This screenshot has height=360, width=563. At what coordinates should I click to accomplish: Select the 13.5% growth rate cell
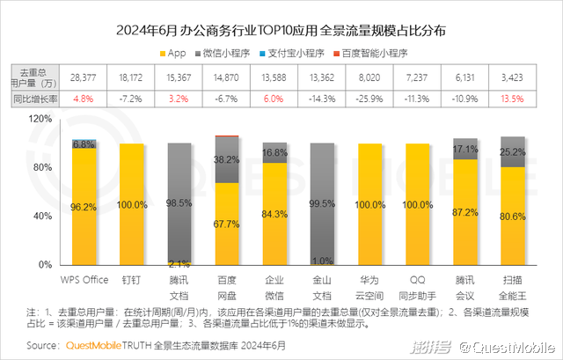[513, 97]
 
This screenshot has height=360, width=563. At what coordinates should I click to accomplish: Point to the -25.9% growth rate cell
[370, 97]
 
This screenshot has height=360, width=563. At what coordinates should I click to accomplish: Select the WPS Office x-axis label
[84, 280]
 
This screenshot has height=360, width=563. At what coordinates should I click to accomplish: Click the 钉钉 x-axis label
[133, 280]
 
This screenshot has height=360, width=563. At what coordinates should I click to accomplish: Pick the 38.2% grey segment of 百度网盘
[228, 159]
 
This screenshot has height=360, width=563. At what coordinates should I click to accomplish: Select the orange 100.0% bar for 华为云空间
[370, 203]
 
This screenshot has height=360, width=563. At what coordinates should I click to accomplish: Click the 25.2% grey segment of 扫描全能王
[513, 151]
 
